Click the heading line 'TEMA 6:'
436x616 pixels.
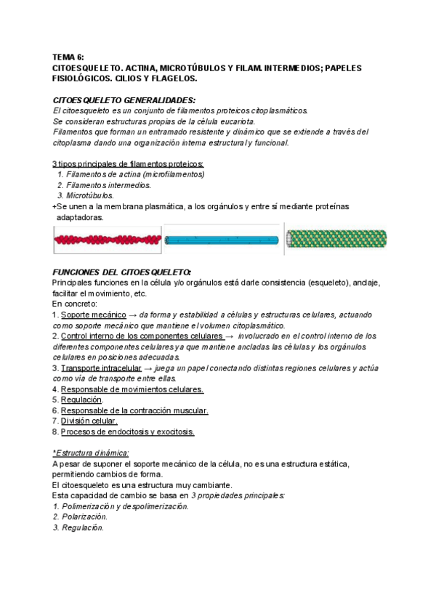tap(69, 56)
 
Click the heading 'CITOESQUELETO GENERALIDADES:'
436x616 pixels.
tap(124, 100)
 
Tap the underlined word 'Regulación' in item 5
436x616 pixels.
tap(81, 400)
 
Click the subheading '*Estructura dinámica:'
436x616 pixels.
tap(91, 453)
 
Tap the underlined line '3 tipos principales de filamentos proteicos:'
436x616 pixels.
tap(129, 164)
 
